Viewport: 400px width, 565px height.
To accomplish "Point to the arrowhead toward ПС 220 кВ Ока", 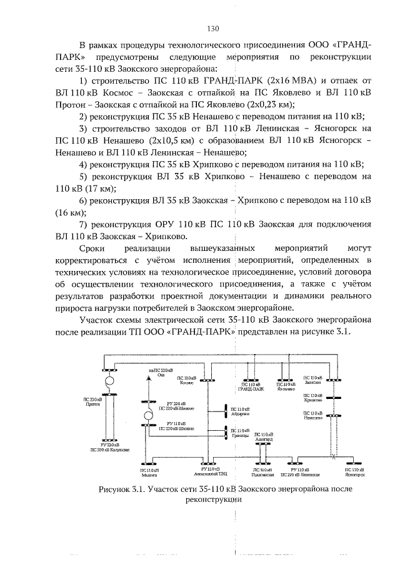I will click(x=148, y=380).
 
